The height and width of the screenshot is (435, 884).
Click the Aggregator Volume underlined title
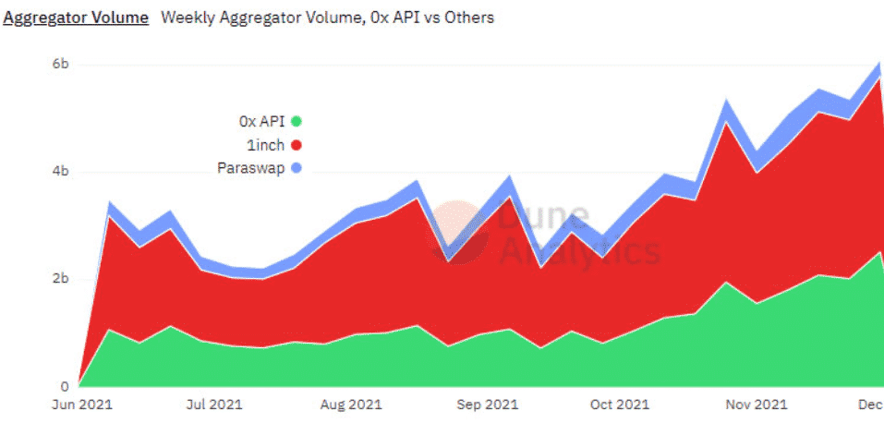(x=76, y=18)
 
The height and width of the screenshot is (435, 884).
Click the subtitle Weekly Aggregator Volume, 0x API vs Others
(x=327, y=18)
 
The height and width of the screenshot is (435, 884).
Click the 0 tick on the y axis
(x=63, y=387)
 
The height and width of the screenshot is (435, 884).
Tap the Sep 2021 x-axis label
(x=487, y=405)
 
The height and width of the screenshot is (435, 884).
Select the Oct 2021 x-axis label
(x=620, y=405)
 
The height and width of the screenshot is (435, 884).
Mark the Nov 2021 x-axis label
(x=757, y=405)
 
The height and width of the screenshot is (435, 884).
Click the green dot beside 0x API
(x=297, y=120)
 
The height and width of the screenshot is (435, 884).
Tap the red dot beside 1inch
(x=297, y=144)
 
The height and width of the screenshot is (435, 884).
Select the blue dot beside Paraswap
(x=297, y=168)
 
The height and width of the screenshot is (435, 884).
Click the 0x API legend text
(x=262, y=120)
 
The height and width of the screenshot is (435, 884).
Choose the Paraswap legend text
(x=250, y=168)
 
